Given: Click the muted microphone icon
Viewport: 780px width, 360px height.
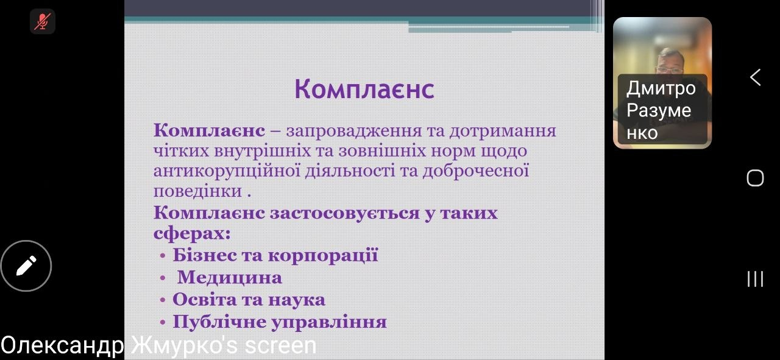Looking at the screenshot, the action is pyautogui.click(x=43, y=21).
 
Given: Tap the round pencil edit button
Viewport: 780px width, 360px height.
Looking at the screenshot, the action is pyautogui.click(x=26, y=266).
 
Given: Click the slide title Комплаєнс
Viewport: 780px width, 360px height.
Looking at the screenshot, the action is pyautogui.click(x=364, y=89).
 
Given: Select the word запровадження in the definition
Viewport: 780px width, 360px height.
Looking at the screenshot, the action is pyautogui.click(x=353, y=132).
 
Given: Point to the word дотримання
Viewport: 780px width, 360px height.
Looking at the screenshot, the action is pyautogui.click(x=503, y=132).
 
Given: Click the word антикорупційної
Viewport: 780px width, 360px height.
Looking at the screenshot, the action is pyautogui.click(x=227, y=171).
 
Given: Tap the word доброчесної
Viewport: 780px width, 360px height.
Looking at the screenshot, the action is pyautogui.click(x=476, y=171).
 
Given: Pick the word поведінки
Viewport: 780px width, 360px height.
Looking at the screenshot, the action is pyautogui.click(x=197, y=191).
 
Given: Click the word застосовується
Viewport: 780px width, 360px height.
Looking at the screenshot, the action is pyautogui.click(x=344, y=213).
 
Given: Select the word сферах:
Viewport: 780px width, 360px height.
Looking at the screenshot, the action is pyautogui.click(x=192, y=233).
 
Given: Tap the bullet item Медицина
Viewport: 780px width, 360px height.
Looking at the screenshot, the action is pyautogui.click(x=230, y=278).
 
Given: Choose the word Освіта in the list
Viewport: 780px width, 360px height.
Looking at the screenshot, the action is pyautogui.click(x=204, y=300).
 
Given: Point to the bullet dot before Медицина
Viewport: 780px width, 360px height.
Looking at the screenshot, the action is pyautogui.click(x=163, y=278).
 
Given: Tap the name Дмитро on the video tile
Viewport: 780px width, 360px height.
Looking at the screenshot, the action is pyautogui.click(x=661, y=88).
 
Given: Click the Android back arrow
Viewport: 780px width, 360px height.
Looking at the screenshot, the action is pyautogui.click(x=755, y=77).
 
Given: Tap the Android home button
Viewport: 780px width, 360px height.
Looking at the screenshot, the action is pyautogui.click(x=755, y=178).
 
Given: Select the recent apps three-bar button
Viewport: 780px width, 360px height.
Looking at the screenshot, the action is pyautogui.click(x=755, y=278).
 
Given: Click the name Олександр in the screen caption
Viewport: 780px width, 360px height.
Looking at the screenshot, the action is pyautogui.click(x=62, y=345).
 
